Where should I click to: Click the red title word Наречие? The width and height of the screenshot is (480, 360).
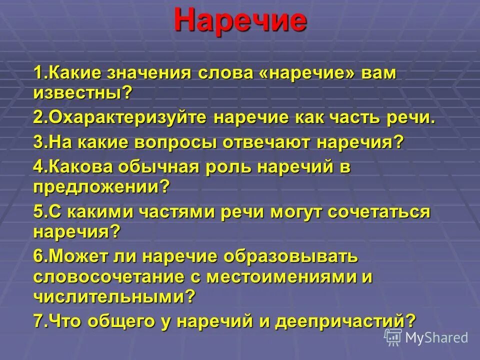point(240,21)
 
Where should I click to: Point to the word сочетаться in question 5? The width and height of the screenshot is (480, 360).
point(379,211)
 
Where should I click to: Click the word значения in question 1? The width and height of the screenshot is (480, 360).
point(150,73)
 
